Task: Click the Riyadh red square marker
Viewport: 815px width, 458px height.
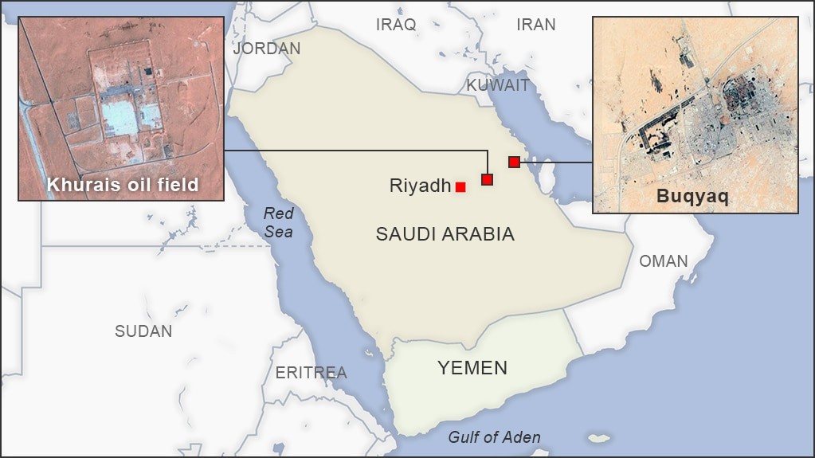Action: (460, 187)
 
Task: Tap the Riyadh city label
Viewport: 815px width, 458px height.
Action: (420, 186)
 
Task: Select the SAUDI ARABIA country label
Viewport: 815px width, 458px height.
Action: (445, 234)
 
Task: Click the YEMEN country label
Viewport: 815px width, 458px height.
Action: (472, 367)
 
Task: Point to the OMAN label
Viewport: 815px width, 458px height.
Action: (664, 261)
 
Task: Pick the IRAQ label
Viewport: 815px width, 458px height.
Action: (396, 25)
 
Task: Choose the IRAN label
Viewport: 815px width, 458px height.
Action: (536, 25)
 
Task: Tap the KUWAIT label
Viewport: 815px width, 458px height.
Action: (498, 85)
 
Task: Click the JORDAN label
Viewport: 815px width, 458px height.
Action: (267, 49)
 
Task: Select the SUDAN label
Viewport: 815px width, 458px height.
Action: (143, 331)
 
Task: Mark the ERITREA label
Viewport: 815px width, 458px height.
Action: (312, 373)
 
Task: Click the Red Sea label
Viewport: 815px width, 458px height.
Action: (279, 222)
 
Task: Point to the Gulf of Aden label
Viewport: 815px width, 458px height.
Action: (494, 436)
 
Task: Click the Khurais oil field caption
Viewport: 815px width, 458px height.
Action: (122, 186)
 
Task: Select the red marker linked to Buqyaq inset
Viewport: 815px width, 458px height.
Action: (514, 162)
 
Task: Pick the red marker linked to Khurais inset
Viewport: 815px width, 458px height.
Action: (488, 180)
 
